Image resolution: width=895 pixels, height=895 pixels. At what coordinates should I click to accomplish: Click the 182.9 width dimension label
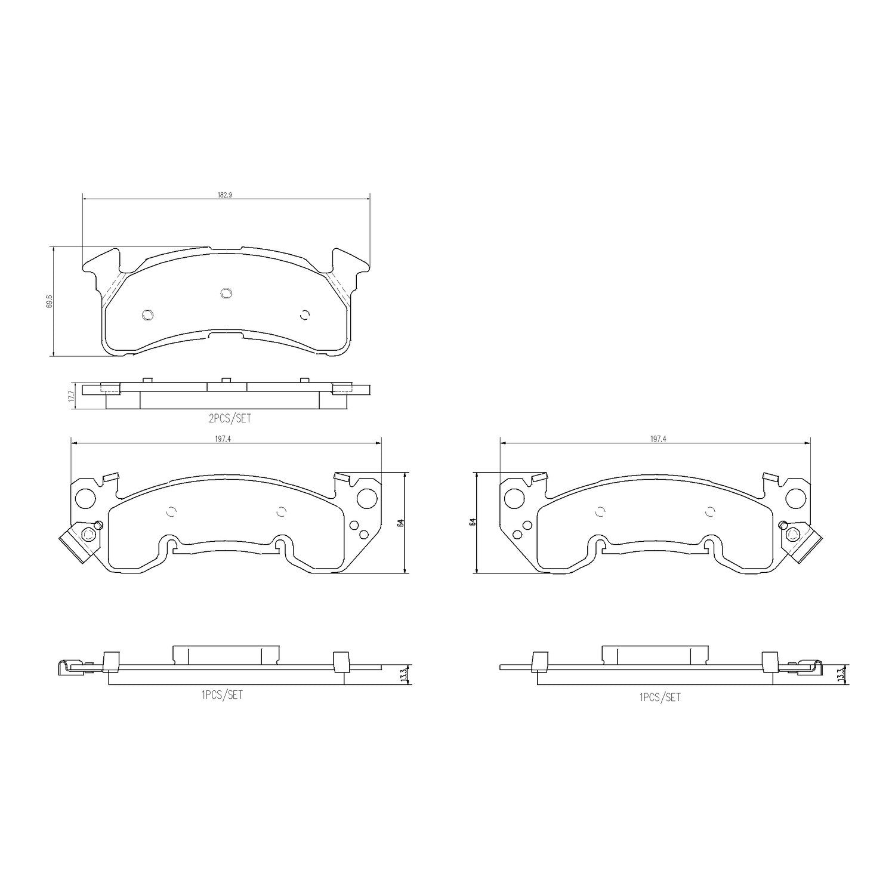click(x=224, y=195)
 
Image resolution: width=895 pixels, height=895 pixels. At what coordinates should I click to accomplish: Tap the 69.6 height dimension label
click(x=50, y=301)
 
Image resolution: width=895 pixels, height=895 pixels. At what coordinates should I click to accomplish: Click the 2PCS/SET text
click(x=230, y=419)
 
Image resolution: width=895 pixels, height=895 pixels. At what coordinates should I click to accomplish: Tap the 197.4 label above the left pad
click(x=225, y=439)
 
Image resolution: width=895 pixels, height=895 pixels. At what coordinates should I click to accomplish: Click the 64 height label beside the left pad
click(x=401, y=523)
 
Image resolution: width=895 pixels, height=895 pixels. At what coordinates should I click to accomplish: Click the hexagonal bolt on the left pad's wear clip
click(x=87, y=533)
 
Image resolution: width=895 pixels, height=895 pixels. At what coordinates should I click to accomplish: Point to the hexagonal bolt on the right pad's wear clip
click(x=793, y=533)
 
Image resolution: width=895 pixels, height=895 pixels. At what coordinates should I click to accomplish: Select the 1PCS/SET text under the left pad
click(x=222, y=695)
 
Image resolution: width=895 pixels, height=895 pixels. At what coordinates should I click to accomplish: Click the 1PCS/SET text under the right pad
click(x=659, y=697)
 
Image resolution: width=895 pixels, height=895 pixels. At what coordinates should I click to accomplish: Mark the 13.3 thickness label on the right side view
click(x=841, y=675)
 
